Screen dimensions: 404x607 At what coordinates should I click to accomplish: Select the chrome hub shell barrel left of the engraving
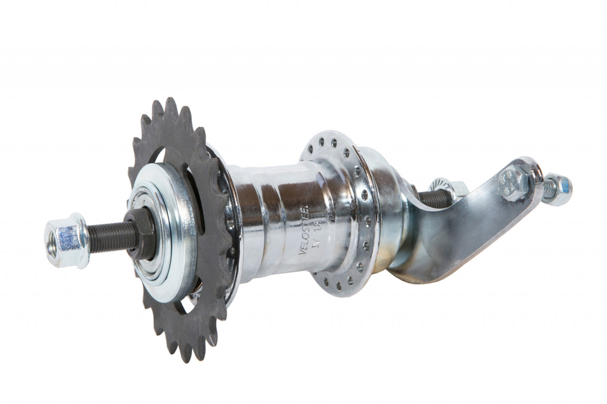pyautogui.click(x=266, y=213)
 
